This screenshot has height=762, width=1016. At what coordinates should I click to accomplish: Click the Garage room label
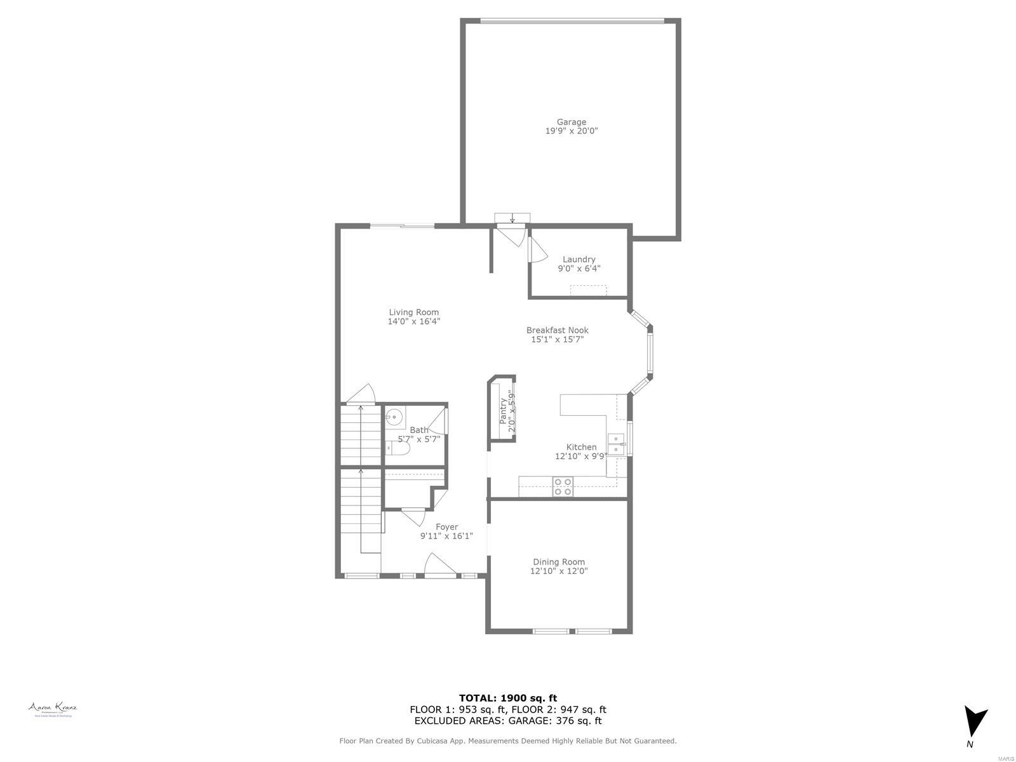point(571,122)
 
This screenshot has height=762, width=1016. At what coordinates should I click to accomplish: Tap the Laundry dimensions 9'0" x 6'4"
point(579,269)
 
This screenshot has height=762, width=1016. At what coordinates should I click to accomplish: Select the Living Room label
point(414,312)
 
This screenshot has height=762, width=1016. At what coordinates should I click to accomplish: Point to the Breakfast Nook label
point(557,330)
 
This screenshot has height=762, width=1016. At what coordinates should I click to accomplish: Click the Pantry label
point(503,411)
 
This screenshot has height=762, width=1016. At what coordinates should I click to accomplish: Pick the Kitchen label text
point(581,447)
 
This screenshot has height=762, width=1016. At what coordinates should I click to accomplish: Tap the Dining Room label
point(559,562)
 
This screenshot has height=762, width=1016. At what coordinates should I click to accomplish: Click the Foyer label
point(446,527)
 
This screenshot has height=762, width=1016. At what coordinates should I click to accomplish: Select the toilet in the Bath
point(398,448)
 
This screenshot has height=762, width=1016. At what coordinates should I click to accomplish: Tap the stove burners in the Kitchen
point(563,486)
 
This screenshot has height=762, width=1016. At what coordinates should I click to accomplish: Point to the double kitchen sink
point(615,444)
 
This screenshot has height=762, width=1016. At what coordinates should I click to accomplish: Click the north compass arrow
point(975,723)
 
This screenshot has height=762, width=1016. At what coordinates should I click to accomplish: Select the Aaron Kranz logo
point(53,709)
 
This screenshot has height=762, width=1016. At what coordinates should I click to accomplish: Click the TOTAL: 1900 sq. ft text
point(508,698)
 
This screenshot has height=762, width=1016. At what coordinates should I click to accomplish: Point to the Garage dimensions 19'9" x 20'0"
point(571,131)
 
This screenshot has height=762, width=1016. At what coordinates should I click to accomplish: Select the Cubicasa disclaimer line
point(508,740)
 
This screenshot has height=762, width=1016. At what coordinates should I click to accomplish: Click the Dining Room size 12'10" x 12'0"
point(559,571)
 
